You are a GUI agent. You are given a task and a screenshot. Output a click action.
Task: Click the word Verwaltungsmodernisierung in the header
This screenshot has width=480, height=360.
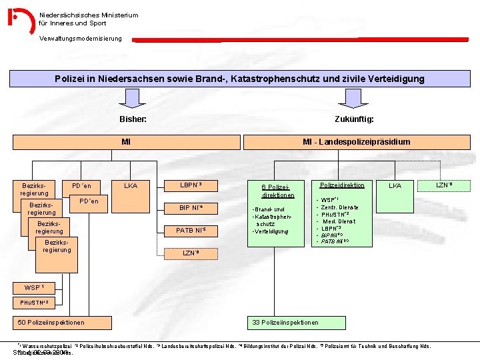81,38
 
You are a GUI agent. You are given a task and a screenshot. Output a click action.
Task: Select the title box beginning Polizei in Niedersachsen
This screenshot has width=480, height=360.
239,79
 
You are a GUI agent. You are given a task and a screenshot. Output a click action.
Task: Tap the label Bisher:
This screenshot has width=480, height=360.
133,119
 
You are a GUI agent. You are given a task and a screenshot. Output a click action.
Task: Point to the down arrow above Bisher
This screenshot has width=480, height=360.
133,99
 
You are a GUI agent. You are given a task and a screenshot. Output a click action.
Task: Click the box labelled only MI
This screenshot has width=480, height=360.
126,142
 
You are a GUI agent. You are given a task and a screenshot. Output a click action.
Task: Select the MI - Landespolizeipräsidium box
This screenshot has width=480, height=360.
356,142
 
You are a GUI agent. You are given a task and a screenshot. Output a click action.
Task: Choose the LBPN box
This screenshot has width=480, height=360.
191,185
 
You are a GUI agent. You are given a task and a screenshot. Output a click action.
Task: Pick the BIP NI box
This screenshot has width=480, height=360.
191,209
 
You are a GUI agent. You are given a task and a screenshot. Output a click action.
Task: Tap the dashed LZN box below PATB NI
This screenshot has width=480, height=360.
191,253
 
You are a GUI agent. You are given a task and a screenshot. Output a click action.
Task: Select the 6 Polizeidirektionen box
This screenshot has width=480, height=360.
278,190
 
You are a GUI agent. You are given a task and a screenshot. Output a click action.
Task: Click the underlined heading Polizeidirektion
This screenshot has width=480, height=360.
342,185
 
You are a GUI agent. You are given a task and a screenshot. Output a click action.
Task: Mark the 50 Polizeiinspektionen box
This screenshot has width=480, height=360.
60,323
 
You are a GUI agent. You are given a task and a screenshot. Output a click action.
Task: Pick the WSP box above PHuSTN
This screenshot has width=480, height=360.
35,287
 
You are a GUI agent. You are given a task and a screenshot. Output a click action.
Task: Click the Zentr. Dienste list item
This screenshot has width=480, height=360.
340,207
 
